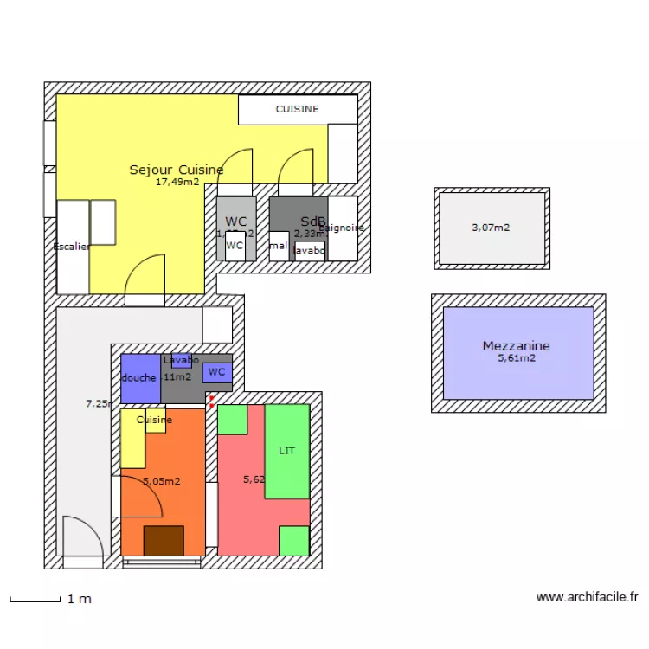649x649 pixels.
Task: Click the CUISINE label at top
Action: pos(297,109)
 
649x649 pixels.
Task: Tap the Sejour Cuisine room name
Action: pos(177,170)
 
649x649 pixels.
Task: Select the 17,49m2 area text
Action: pos(177,183)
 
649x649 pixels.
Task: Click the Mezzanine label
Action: pos(516,346)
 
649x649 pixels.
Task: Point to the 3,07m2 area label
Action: pos(491,228)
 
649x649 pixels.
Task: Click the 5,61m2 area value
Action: pos(516,358)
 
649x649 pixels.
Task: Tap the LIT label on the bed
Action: pos(286,451)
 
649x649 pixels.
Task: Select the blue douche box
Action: pos(139,378)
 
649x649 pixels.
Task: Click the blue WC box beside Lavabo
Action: pos(216,372)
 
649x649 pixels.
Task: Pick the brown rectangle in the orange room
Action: pos(164,540)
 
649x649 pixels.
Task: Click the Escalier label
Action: pos(72,247)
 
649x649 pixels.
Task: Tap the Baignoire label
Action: pos(342,228)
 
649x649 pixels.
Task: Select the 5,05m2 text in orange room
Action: pos(161,481)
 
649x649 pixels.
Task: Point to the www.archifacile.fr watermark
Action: pos(587,597)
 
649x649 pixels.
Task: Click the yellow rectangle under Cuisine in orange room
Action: pos(132,439)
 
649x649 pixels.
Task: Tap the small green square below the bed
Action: pos(294,540)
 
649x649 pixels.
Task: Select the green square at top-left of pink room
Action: pos(232,419)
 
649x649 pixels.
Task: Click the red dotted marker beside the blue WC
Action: pos(211,402)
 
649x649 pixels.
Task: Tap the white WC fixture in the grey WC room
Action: pos(235,246)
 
